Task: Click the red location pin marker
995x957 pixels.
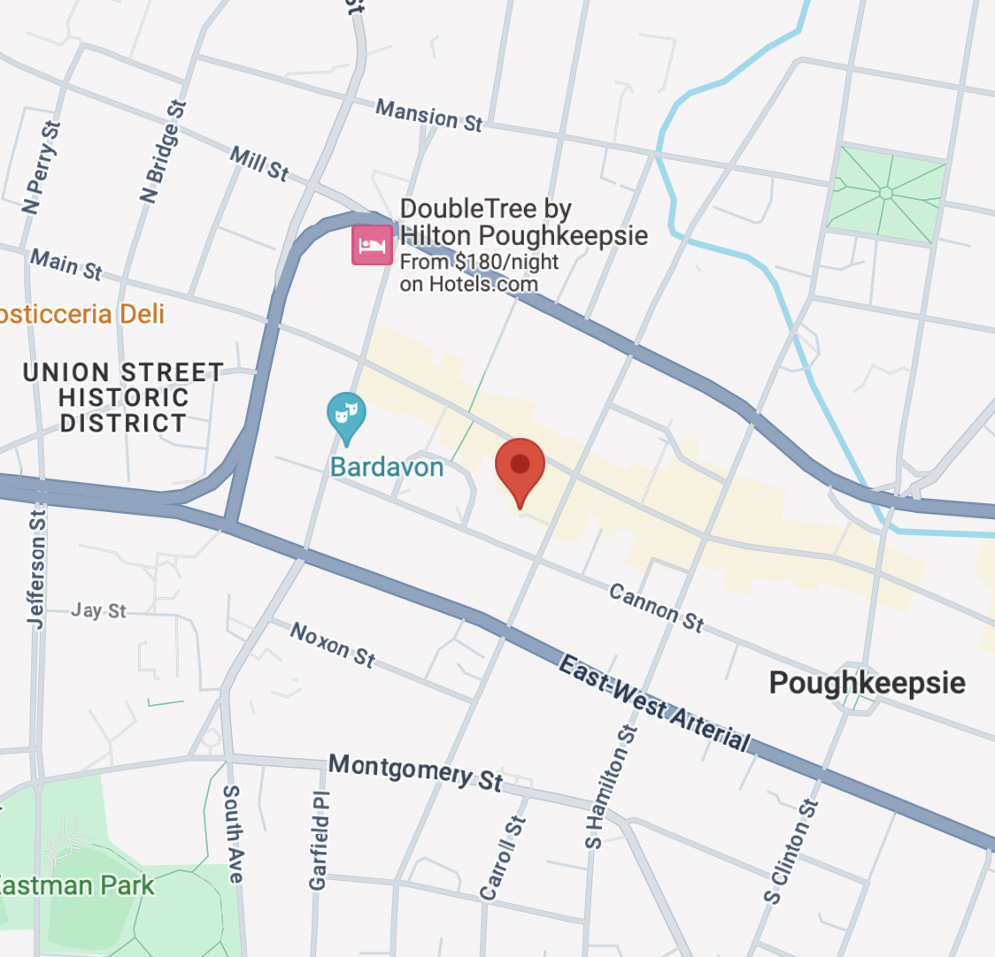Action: tap(520, 467)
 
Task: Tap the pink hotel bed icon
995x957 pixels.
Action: tap(372, 244)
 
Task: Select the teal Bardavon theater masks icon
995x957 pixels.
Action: tap(346, 415)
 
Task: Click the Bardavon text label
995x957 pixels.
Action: tap(387, 467)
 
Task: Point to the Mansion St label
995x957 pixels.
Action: tap(429, 116)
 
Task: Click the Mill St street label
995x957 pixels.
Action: tap(259, 164)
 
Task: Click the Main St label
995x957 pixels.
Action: tap(66, 264)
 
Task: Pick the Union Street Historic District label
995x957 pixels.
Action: tap(123, 397)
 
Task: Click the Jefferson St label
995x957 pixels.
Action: tap(36, 570)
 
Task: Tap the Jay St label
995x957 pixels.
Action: tap(98, 610)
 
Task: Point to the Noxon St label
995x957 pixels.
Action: tap(333, 645)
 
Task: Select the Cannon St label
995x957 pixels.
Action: tap(657, 609)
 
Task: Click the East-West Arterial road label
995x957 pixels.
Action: tap(655, 702)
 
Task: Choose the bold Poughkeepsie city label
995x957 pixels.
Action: tap(867, 683)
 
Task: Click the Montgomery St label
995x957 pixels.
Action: tap(415, 771)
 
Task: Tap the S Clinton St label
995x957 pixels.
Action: tap(791, 851)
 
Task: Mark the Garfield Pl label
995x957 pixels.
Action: tap(319, 840)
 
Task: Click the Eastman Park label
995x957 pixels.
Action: tap(77, 885)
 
